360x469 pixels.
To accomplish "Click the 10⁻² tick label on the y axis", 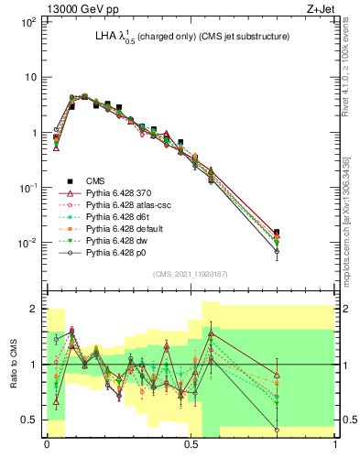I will coord(26,243).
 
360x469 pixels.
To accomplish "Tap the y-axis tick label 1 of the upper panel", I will coord(32,133).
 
